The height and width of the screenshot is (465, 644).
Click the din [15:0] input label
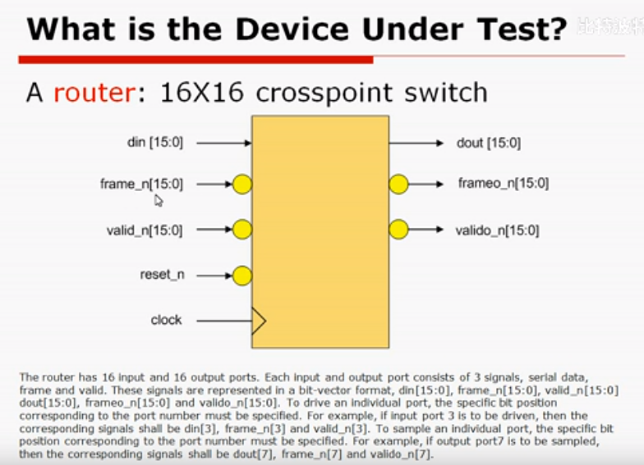click(155, 143)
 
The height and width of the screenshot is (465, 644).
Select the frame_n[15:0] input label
click(141, 185)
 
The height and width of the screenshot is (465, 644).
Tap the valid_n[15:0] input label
click(144, 230)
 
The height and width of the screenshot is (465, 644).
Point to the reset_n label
click(162, 275)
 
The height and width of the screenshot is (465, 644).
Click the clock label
click(166, 320)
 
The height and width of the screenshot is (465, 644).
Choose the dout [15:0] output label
click(488, 143)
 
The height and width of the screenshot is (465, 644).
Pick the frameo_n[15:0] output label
click(503, 184)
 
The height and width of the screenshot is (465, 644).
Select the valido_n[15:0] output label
click(497, 230)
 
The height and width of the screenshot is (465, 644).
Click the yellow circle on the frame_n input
click(241, 185)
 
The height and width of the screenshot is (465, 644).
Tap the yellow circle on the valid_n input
click(241, 230)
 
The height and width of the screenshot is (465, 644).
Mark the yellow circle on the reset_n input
click(241, 275)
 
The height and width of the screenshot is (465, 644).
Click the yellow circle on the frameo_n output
click(398, 184)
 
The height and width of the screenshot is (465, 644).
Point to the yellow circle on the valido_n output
click(398, 230)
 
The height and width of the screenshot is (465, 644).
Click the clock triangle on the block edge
click(258, 321)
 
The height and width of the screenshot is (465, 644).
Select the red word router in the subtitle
click(94, 91)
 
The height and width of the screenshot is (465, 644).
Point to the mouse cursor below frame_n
click(159, 199)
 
